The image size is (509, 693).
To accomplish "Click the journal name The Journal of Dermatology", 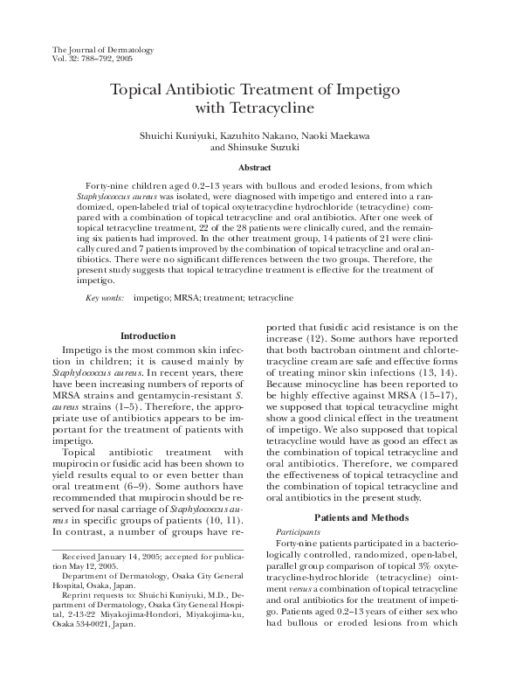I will pyautogui.click(x=103, y=50).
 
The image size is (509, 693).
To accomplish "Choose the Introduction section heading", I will pyautogui.click(x=148, y=336).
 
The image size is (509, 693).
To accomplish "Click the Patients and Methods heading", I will pyautogui.click(x=360, y=517).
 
